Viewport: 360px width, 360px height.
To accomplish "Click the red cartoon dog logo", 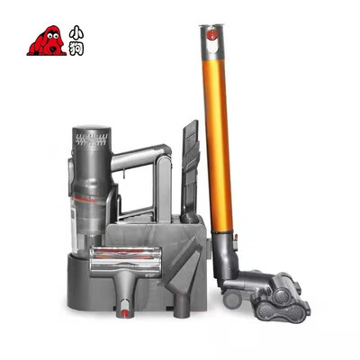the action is pos(47,40).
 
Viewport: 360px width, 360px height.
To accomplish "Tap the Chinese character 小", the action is pos(76,32).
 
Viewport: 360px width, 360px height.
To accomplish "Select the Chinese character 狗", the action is pos(76,49).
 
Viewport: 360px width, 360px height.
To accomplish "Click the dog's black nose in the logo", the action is pos(54,48).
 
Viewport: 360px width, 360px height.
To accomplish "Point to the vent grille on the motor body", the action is pos(92,139).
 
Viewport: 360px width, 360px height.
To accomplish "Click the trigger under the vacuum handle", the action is pos(122,174).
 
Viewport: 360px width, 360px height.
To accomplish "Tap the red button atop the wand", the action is pos(211,34).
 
